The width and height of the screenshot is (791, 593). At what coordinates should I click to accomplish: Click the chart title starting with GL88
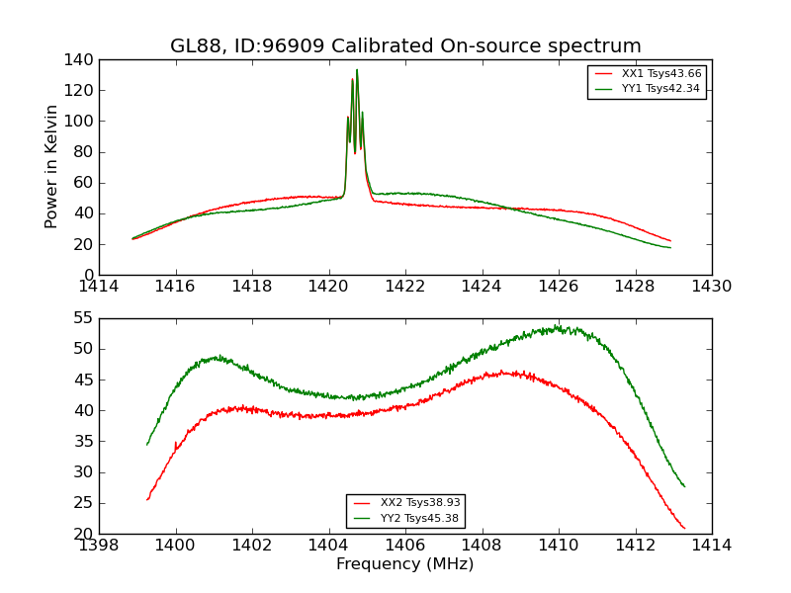click(x=405, y=46)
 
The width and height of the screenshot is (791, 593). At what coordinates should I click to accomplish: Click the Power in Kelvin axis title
click(x=51, y=167)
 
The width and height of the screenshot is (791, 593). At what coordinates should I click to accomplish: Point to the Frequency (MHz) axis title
click(x=405, y=564)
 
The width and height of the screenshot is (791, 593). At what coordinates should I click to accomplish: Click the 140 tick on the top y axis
click(x=81, y=59)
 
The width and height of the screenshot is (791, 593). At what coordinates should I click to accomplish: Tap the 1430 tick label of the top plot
click(x=711, y=287)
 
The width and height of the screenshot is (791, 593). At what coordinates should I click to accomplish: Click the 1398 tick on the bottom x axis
click(x=100, y=545)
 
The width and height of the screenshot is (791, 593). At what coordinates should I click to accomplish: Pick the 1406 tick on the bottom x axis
click(x=405, y=545)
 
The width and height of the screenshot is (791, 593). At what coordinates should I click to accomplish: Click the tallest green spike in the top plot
click(x=357, y=69)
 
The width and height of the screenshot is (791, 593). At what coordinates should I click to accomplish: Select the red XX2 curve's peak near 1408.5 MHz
click(x=502, y=373)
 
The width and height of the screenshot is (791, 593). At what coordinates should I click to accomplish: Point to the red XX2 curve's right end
click(x=684, y=528)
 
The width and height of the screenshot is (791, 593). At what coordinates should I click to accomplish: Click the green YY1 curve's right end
click(x=670, y=247)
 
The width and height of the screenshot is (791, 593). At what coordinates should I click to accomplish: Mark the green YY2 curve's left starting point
click(x=147, y=444)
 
